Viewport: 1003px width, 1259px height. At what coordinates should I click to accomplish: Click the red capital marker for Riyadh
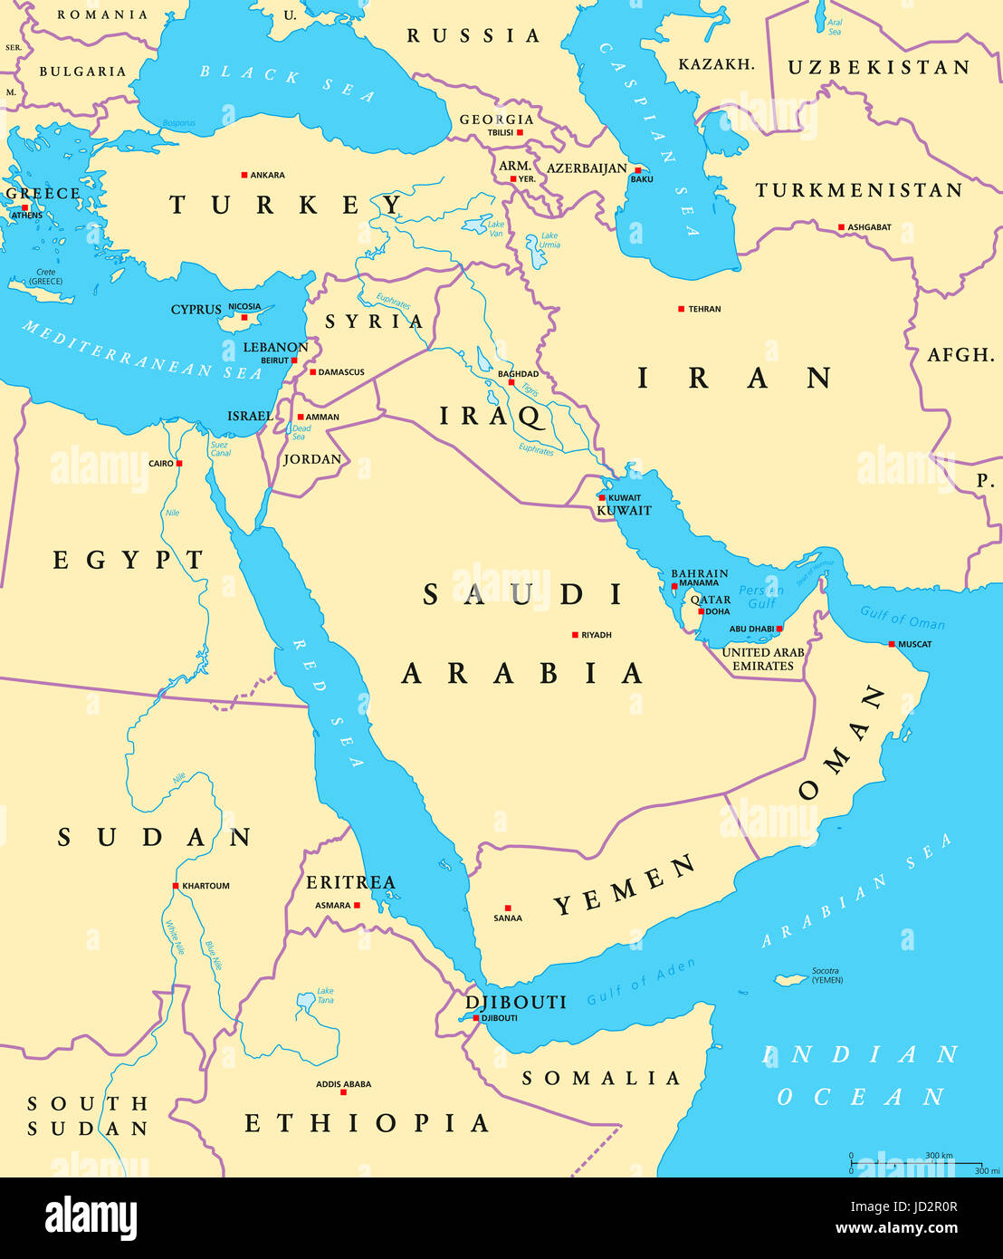point(575,635)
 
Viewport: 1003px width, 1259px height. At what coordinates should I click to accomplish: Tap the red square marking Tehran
point(682,309)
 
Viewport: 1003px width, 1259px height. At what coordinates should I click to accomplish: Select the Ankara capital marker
point(244,175)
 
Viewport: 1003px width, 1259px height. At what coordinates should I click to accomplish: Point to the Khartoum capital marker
point(176,886)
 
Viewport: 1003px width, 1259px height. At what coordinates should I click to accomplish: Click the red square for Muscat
point(892,644)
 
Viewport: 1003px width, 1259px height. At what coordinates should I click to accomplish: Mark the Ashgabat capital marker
point(841,227)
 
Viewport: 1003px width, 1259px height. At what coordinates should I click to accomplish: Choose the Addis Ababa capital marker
point(343,1092)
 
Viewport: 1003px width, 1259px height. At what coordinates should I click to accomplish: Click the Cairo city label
point(161,464)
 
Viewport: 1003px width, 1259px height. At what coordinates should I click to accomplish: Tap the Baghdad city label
point(518,374)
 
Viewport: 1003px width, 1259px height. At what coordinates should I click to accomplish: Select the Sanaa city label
point(508,918)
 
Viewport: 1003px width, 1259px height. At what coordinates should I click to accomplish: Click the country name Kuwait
point(624,511)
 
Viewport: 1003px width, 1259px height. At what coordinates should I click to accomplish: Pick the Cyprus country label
point(196,310)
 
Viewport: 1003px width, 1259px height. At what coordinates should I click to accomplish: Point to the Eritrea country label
point(350,882)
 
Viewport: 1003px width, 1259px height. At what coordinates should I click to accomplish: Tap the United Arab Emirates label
point(763,659)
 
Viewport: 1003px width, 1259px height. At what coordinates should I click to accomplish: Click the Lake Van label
point(496,228)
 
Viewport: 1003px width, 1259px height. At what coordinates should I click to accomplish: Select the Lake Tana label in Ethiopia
point(325,995)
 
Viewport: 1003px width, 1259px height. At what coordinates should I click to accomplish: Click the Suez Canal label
point(220,449)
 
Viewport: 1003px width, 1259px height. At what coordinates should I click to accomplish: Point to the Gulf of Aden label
point(641,982)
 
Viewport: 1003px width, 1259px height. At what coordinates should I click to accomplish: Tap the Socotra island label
point(826,975)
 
